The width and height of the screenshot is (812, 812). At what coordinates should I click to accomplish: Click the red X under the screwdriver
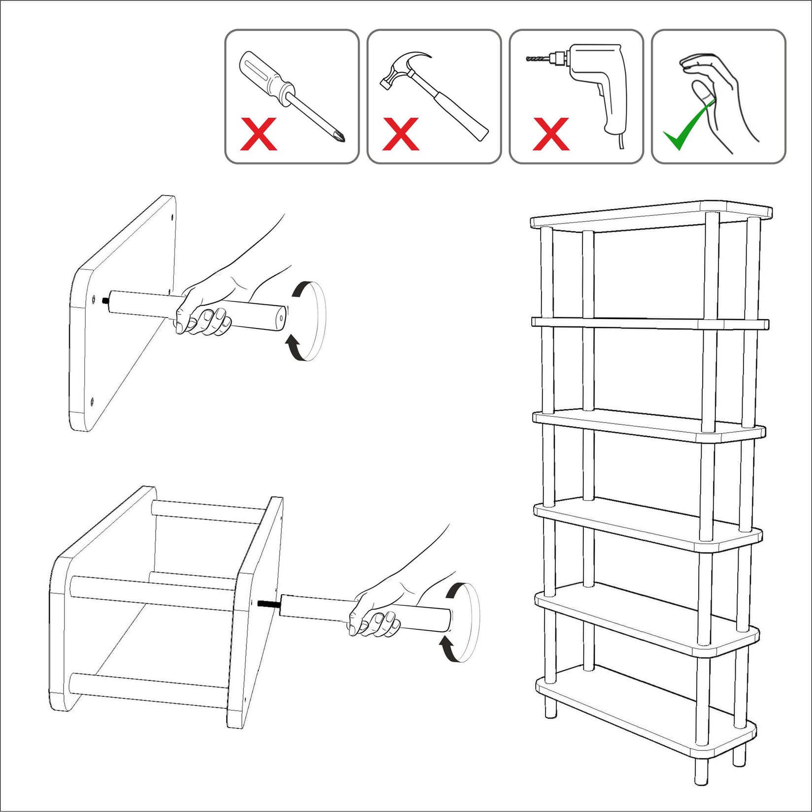[258, 134]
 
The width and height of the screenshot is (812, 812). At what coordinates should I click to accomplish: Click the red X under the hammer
[400, 134]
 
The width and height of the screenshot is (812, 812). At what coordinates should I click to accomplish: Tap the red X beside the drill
[551, 134]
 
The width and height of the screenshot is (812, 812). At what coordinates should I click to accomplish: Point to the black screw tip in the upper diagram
[105, 300]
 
